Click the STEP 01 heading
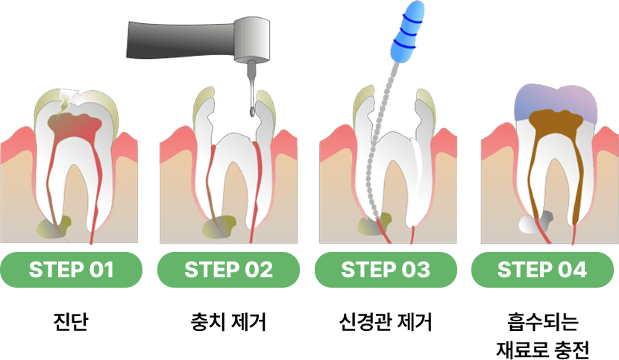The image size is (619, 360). [71, 270]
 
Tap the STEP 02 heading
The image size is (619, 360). [228, 270]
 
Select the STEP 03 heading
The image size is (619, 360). [386, 270]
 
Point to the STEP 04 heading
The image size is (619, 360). [542, 270]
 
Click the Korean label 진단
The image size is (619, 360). [71, 323]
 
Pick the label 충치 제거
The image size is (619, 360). [228, 323]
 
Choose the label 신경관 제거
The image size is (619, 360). [386, 323]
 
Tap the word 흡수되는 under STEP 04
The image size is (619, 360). [542, 323]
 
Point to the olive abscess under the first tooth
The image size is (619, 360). [60, 224]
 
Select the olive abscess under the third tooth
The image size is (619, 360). [375, 225]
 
